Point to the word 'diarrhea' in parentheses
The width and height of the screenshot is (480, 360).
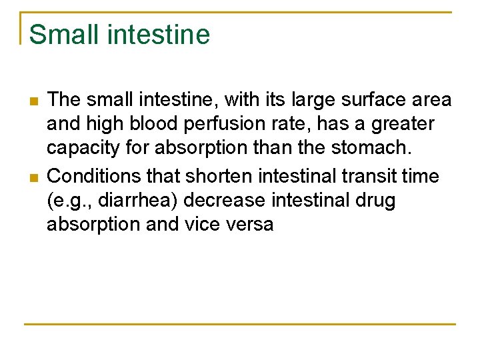click(139, 201)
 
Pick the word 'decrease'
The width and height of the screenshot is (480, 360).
click(227, 201)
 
